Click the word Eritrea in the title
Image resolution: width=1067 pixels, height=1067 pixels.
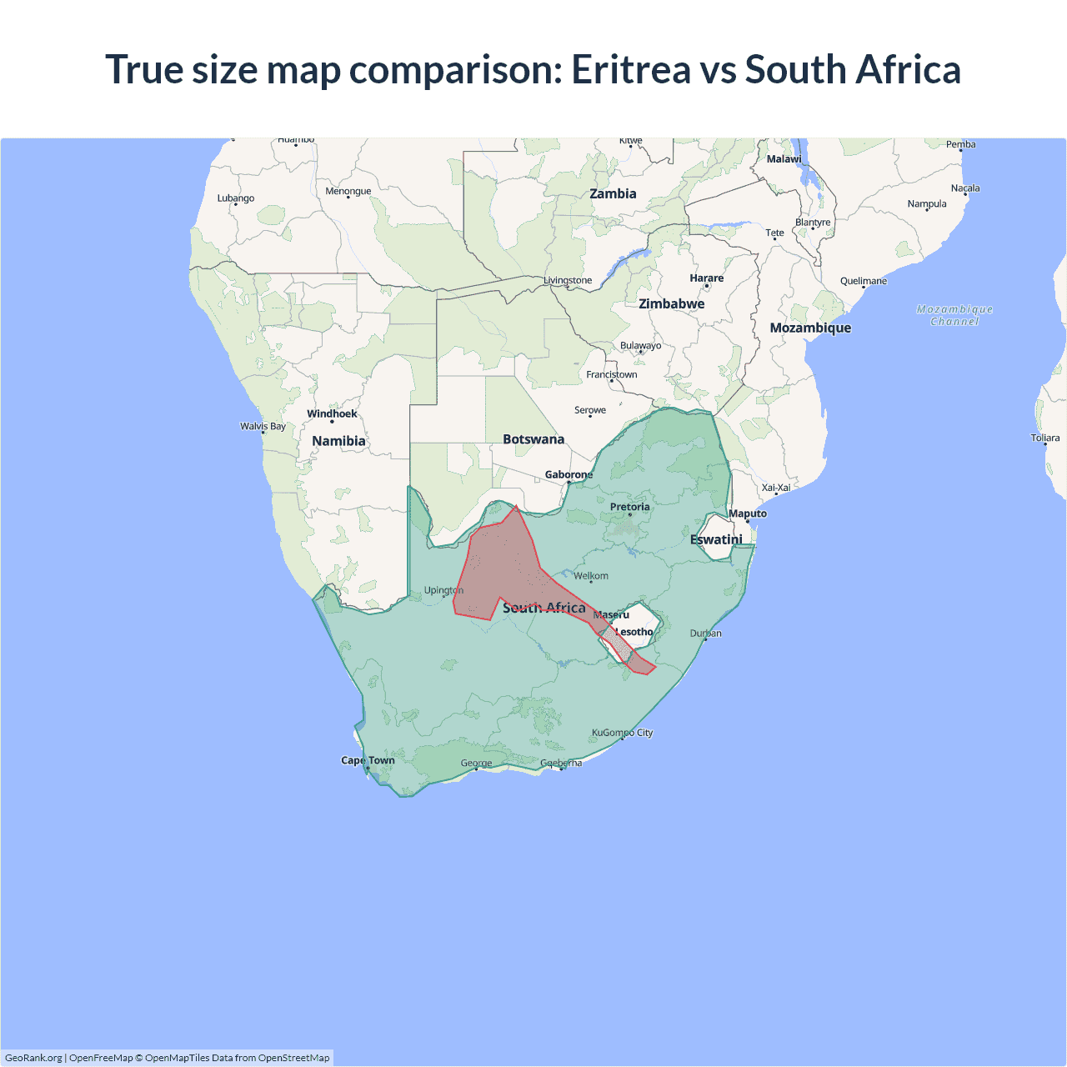[630, 69]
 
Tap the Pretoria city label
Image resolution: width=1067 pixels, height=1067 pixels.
[629, 507]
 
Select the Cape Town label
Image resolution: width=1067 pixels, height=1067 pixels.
[368, 760]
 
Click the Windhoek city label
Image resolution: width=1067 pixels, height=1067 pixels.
[332, 413]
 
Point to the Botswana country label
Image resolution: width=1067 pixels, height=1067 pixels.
[533, 439]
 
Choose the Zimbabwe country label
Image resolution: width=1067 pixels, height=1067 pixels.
[671, 303]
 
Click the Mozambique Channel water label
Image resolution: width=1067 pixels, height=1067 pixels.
[954, 315]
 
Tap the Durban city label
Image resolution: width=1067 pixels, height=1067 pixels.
[705, 634]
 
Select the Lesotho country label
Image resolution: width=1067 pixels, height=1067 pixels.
[634, 632]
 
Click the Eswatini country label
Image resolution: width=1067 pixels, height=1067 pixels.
[716, 539]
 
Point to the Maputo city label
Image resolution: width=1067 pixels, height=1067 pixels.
[748, 513]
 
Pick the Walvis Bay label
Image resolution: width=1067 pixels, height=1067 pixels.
[263, 426]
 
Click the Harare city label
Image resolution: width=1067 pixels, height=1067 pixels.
[706, 278]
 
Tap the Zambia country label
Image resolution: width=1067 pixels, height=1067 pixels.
[613, 193]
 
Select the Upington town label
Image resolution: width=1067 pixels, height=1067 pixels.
[443, 590]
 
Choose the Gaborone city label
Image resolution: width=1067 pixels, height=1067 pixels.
[569, 474]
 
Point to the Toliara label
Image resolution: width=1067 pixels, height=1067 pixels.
[1044, 438]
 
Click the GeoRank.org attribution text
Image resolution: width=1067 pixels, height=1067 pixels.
[33, 1058]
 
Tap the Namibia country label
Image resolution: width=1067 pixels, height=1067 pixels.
[338, 441]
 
